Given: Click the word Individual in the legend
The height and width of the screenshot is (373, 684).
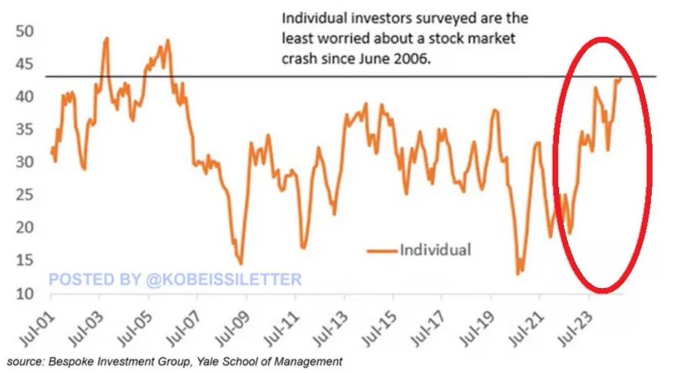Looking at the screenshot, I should tap(435, 249).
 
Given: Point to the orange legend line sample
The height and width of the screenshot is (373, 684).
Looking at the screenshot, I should tap(382, 250).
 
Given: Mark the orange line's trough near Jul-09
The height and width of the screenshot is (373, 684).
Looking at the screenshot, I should tap(240, 264).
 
